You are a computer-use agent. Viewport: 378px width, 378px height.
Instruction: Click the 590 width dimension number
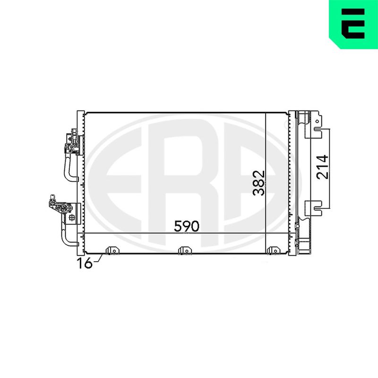click(187, 226)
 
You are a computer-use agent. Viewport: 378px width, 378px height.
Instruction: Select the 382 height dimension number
click(259, 183)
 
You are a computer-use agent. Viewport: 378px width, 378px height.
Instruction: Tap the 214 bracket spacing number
click(322, 167)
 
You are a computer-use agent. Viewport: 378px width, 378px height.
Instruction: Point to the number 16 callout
click(85, 263)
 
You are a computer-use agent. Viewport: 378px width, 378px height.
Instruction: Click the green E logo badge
click(353, 24)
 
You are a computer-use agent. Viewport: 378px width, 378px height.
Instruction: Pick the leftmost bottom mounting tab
click(113, 250)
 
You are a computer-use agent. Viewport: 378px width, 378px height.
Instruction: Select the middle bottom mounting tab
click(185, 250)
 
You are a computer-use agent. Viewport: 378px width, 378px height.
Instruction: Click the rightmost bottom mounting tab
click(274, 250)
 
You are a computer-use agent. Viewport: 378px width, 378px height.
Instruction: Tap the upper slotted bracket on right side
click(313, 132)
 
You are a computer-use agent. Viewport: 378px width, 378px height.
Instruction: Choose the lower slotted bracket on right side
click(313, 208)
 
